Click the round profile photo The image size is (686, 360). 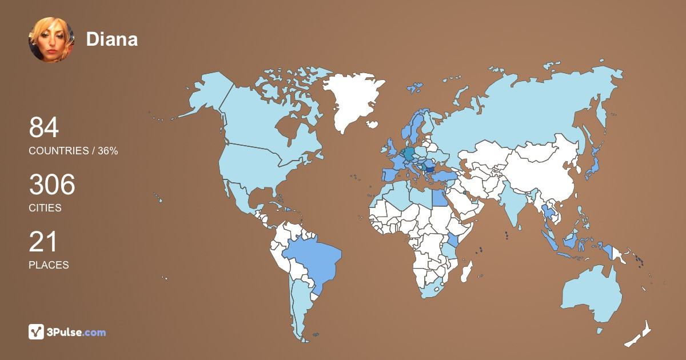(51, 39)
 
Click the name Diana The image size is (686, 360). (112, 39)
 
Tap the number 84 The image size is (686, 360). (44, 128)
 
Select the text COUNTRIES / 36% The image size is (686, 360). (73, 151)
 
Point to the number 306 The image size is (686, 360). (52, 185)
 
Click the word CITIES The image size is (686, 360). (45, 208)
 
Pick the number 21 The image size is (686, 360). (43, 242)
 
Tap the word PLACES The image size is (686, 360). (49, 265)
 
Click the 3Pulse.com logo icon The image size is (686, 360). (37, 331)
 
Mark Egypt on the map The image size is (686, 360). (438, 198)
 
